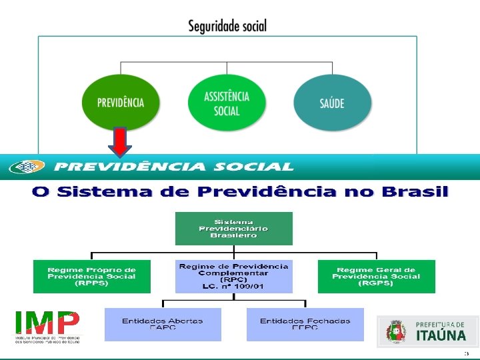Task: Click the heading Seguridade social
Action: coord(227,26)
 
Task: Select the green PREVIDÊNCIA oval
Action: coord(120,102)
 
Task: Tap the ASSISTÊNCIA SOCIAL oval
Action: coord(227,103)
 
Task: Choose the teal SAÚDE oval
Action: coord(332,103)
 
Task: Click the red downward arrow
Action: coord(119,142)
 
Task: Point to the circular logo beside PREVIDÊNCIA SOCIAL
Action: coord(27,167)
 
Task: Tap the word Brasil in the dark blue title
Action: coord(415,192)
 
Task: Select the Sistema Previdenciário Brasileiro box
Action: coord(233,228)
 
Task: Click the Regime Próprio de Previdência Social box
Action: coord(91,276)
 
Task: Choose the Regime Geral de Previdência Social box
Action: coord(376,276)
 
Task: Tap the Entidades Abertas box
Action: coord(162,324)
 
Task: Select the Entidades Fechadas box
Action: coord(305,324)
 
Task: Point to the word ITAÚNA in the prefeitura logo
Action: coord(441,335)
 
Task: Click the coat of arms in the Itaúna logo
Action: coord(395,331)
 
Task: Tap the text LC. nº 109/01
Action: coord(233,286)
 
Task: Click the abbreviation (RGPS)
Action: coord(376,283)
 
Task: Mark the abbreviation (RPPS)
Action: coord(91,283)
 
